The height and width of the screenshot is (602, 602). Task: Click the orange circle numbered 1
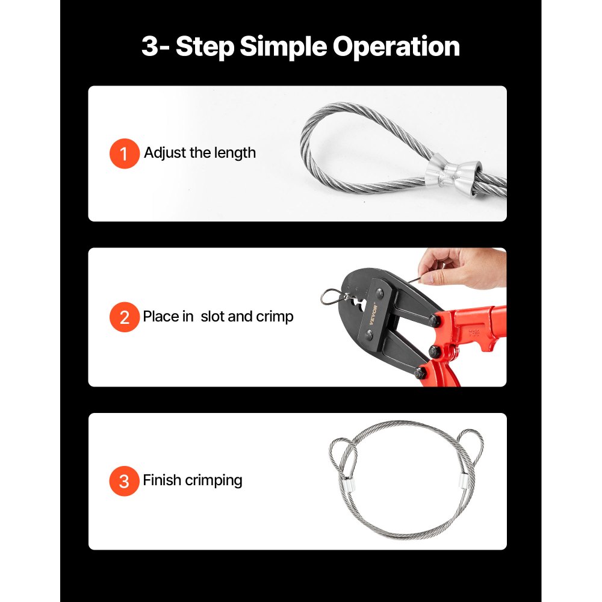pos(124,154)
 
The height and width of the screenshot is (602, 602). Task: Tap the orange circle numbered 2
pos(124,317)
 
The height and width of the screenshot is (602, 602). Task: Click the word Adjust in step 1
pos(165,153)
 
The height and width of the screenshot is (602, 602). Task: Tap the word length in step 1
pos(232,153)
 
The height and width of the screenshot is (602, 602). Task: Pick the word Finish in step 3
pos(162,480)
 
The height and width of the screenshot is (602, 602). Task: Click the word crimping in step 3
pos(214,480)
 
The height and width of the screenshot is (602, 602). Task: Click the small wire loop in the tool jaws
pos(330,296)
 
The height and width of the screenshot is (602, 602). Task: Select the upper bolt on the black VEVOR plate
pos(380,294)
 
